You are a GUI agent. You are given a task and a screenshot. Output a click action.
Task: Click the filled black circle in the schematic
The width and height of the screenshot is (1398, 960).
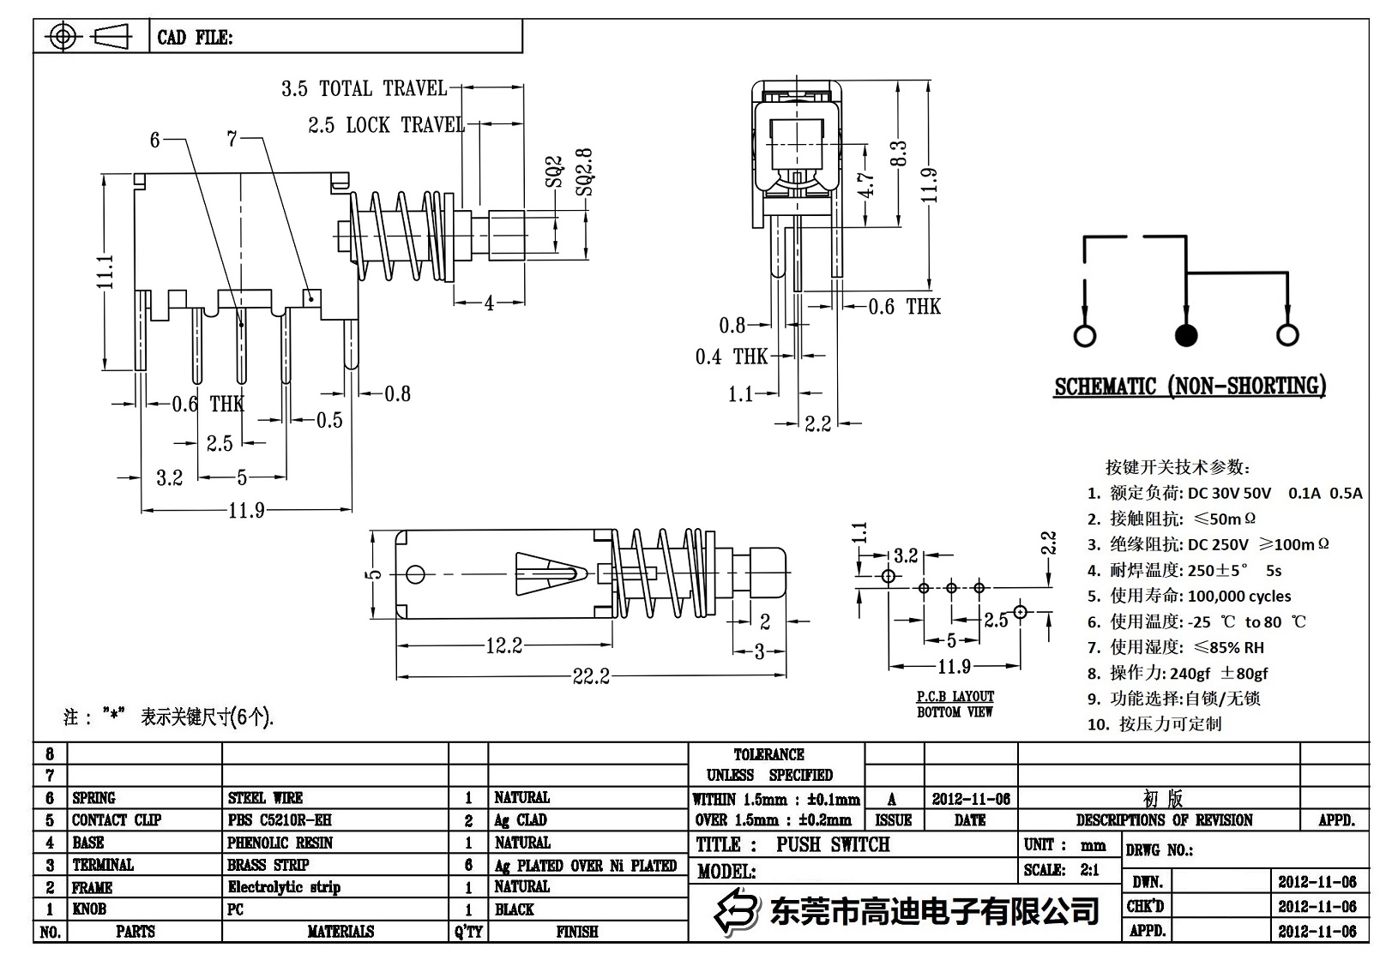1186,335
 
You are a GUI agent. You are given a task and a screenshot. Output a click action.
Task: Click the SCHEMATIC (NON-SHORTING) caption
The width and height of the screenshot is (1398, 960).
1190,387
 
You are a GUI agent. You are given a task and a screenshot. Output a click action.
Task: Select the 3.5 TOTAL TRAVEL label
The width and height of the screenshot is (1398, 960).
364,88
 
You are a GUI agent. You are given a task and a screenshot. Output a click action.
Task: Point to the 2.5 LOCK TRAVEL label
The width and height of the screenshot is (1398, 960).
386,125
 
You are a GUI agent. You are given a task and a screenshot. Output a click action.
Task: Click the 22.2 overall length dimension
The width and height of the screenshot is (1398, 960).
591,676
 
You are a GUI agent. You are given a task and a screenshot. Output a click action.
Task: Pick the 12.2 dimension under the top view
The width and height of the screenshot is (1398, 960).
503,645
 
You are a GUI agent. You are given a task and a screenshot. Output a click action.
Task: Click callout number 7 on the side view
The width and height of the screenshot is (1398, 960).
232,139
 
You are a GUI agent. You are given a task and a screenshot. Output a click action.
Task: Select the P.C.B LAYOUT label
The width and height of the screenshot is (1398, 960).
955,697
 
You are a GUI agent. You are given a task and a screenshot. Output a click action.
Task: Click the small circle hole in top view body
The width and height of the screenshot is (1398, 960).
415,573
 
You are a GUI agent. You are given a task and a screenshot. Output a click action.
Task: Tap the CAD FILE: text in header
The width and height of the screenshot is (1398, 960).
195,38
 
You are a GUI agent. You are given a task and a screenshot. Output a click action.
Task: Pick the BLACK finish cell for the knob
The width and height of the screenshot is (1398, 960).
514,909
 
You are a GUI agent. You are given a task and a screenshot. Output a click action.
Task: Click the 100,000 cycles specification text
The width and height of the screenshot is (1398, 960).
1238,596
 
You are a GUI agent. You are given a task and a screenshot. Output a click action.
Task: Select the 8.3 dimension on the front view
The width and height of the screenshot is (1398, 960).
898,155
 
